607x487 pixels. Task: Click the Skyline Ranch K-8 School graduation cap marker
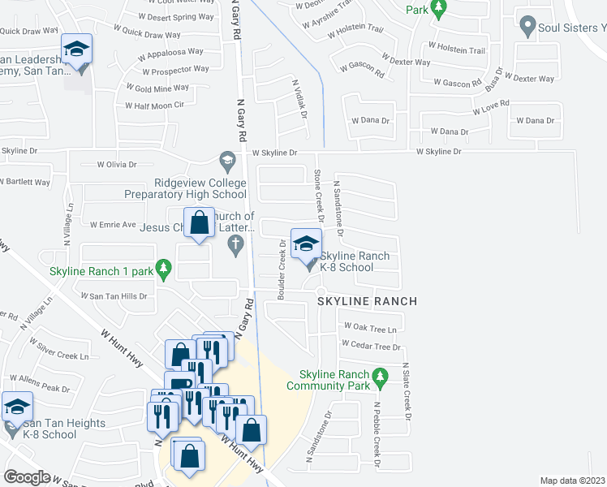pyautogui.click(x=306, y=244)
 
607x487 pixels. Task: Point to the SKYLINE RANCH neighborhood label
pyautogui.click(x=367, y=301)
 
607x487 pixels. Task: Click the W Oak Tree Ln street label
pyautogui.click(x=370, y=329)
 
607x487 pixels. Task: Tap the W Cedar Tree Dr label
pyautogui.click(x=372, y=346)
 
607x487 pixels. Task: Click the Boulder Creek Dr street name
pyautogui.click(x=282, y=270)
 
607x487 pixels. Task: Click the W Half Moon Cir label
pyautogui.click(x=155, y=106)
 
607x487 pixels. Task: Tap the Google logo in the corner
pyautogui.click(x=26, y=476)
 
